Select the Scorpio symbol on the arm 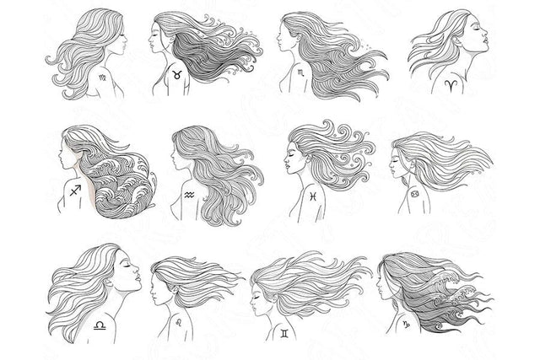pyautogui.click(x=302, y=75)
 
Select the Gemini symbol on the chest pyautogui.click(x=283, y=334)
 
